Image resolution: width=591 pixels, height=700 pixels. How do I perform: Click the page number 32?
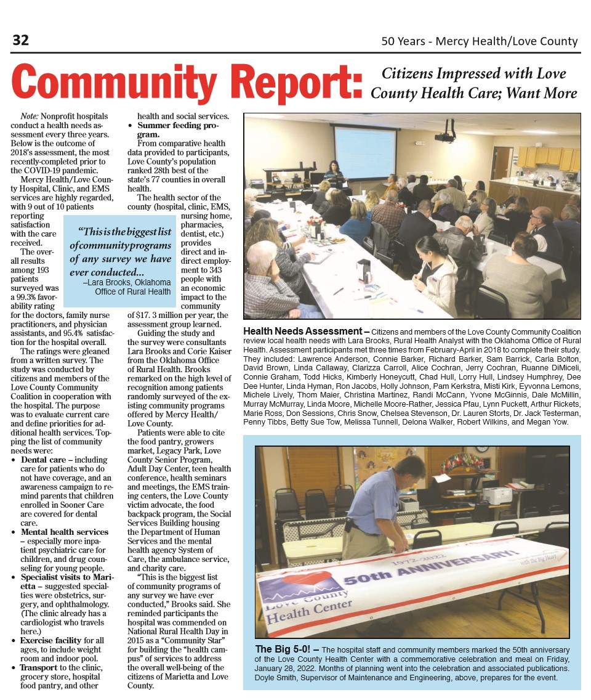[21, 41]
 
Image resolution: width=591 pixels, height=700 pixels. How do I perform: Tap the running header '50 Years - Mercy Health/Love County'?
[480, 41]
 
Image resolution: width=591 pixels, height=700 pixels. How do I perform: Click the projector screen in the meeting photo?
[364, 152]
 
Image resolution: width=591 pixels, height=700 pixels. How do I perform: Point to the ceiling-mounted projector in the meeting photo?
[445, 134]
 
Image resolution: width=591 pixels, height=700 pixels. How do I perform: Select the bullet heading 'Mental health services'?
[65, 532]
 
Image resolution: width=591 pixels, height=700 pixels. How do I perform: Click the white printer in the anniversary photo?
[497, 494]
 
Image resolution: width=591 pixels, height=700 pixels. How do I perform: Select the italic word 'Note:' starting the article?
[30, 116]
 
